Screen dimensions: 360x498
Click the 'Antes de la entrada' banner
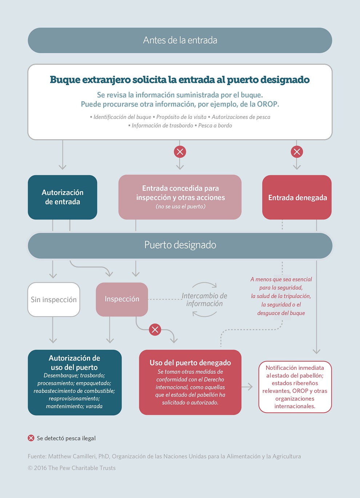[180, 40]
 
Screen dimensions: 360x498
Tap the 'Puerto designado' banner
[180, 245]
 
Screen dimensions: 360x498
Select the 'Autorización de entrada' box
[63, 197]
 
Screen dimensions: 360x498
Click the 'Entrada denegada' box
[297, 197]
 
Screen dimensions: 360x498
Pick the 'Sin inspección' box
[53, 300]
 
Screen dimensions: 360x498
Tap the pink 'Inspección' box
[122, 299]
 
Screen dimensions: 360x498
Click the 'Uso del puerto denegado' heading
[190, 363]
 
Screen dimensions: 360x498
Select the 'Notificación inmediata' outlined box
[295, 387]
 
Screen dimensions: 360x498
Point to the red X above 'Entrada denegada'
[297, 152]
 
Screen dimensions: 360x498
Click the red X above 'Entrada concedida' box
[180, 152]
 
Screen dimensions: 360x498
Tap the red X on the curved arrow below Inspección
[155, 329]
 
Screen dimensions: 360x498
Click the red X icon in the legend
[31, 438]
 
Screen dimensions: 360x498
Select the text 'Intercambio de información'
[204, 300]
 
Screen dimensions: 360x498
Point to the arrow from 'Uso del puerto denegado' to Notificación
[247, 387]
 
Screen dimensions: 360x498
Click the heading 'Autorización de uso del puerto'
[74, 362]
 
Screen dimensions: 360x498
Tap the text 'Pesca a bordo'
[215, 126]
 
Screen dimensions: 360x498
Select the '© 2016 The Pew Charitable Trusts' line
[72, 468]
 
